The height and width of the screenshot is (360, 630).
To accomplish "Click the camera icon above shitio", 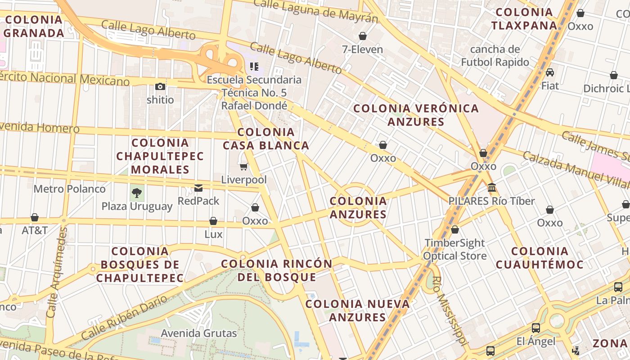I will pyautogui.click(x=160, y=86).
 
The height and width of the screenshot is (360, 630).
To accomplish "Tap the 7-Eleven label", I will pyautogui.click(x=362, y=49).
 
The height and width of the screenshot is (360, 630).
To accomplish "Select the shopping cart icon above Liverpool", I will pyautogui.click(x=243, y=167).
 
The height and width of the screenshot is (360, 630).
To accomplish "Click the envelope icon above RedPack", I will pyautogui.click(x=198, y=188).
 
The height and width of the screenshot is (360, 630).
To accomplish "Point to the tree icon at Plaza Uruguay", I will pyautogui.click(x=137, y=193).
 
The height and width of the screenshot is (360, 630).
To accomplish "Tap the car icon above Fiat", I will pyautogui.click(x=549, y=72).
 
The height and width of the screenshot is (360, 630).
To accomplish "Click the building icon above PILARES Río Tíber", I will pyautogui.click(x=492, y=187).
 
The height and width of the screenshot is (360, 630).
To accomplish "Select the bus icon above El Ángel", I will pyautogui.click(x=535, y=328).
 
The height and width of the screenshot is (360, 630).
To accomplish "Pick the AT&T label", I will pyautogui.click(x=35, y=230).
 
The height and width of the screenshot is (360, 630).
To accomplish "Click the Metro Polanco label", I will pyautogui.click(x=69, y=189).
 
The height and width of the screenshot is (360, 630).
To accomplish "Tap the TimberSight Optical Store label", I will pyautogui.click(x=455, y=249).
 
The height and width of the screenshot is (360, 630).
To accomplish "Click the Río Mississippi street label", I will pyautogui.click(x=448, y=310).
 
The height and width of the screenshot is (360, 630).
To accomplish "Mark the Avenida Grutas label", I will pyautogui.click(x=199, y=333).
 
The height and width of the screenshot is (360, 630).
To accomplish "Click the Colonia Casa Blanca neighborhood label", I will pyautogui.click(x=266, y=139).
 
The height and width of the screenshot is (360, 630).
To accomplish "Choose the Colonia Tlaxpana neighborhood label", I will pyautogui.click(x=524, y=19).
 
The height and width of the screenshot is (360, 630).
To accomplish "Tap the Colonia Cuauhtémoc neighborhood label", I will pyautogui.click(x=540, y=258).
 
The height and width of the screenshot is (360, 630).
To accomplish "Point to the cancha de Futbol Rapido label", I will pyautogui.click(x=495, y=55).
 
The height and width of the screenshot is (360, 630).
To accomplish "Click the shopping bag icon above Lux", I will pyautogui.click(x=213, y=221).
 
